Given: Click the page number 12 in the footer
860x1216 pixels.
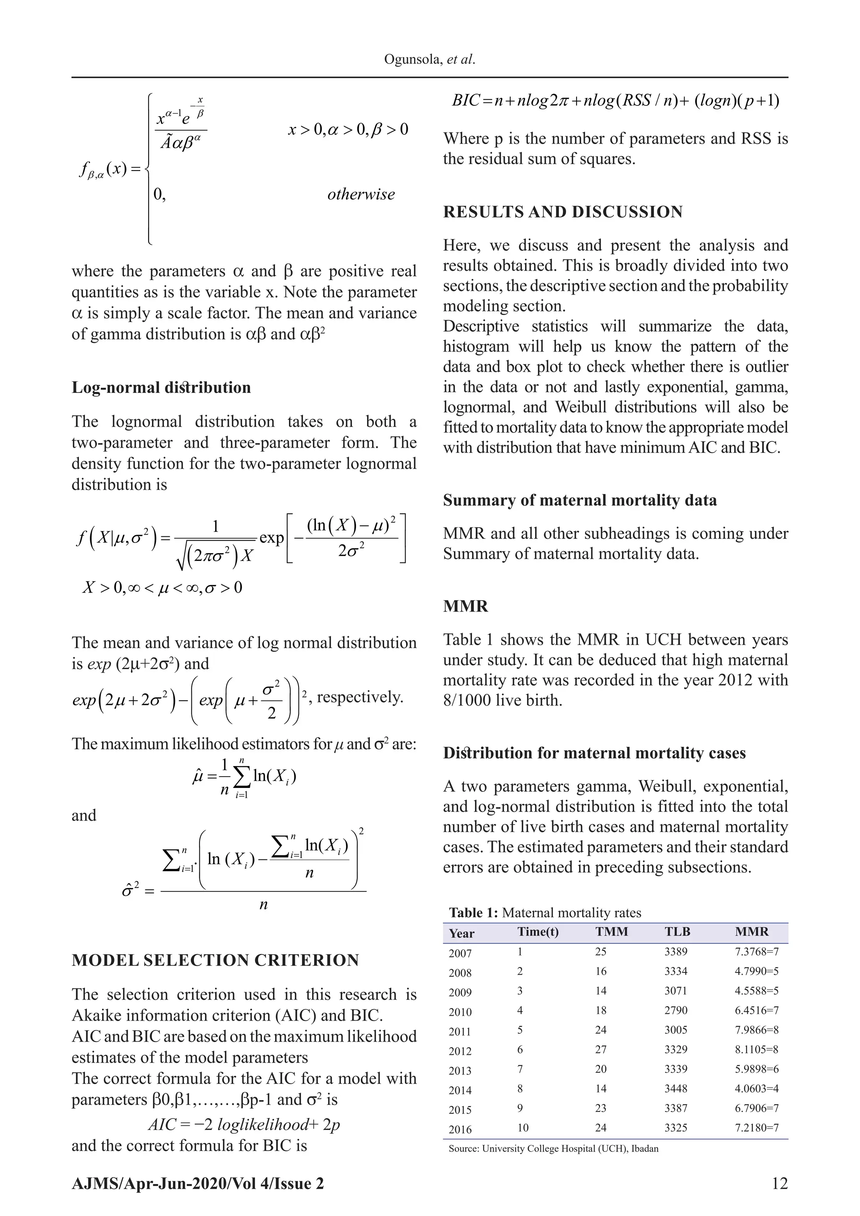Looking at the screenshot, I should point(779,1184).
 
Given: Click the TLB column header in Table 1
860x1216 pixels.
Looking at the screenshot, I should point(677,932).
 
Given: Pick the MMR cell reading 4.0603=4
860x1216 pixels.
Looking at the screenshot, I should point(756,1088).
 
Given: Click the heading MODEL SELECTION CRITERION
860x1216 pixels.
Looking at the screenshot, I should point(215,960).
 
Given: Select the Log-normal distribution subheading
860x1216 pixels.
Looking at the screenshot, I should point(161,387).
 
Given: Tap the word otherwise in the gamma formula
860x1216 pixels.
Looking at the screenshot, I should point(361,194).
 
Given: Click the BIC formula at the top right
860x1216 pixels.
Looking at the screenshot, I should point(615,101).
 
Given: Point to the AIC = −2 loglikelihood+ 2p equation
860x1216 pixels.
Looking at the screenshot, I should point(244,1124).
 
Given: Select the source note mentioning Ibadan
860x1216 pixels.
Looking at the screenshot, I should point(553,1149).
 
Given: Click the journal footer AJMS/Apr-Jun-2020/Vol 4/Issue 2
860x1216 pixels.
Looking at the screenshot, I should point(197,1184).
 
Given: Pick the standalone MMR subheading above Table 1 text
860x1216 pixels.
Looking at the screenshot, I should point(465,606).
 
